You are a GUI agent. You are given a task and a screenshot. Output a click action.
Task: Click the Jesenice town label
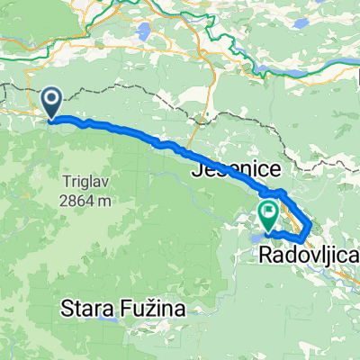pos(235,169)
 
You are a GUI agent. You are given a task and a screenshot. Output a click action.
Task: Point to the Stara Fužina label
pos(121,310)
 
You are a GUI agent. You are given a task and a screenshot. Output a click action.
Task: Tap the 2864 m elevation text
pos(87,201)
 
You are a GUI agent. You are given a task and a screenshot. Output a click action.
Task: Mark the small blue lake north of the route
pos(144,33)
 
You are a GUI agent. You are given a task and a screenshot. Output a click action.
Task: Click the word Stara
pos(86,310)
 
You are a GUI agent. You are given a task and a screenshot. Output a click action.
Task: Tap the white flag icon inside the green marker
pos(268,212)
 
